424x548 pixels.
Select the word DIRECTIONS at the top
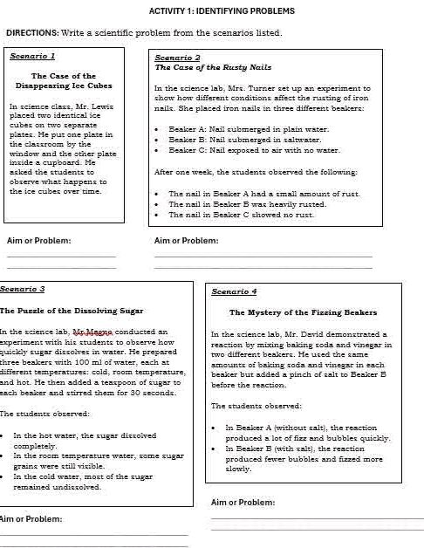pos(31,33)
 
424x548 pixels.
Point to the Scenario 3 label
pos(23,288)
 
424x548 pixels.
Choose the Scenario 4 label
pos(234,291)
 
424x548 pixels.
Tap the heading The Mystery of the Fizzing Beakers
pos(303,312)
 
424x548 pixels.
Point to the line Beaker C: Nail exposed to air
pos(253,150)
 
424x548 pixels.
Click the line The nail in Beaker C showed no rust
pos(240,215)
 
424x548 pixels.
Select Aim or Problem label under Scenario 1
pos(39,240)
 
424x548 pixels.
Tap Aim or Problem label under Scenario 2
pos(186,240)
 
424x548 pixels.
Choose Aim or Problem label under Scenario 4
pos(243,502)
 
